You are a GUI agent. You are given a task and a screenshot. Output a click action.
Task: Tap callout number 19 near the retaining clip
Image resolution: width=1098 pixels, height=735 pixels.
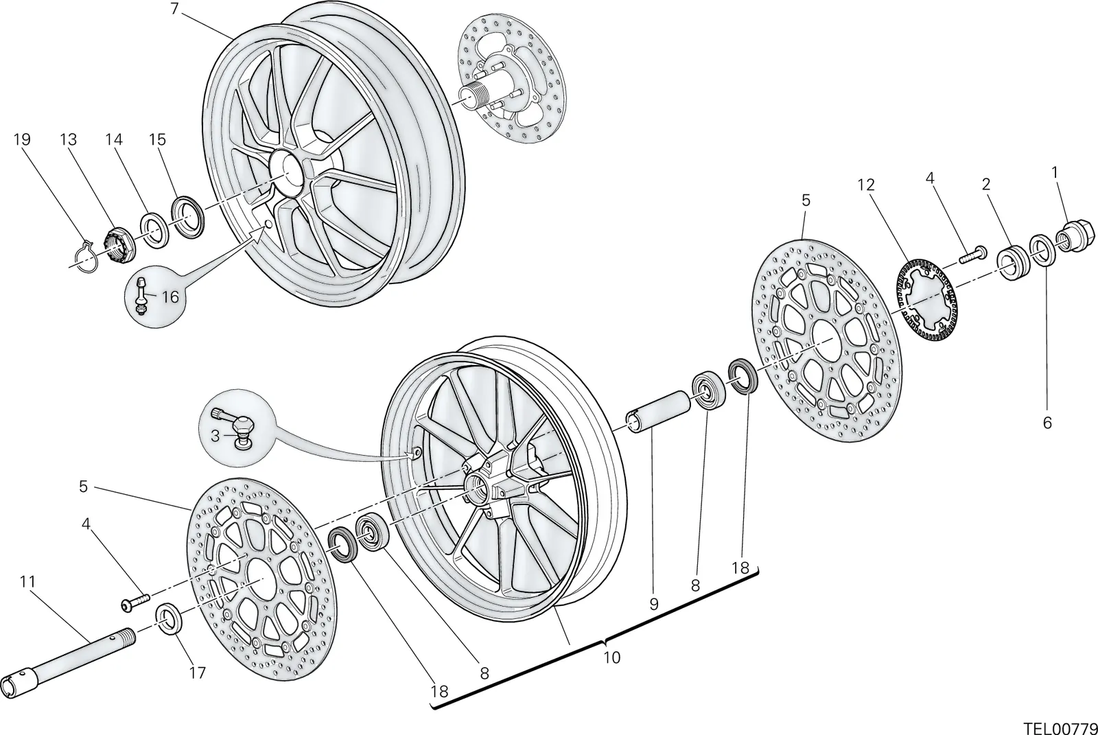click(21, 140)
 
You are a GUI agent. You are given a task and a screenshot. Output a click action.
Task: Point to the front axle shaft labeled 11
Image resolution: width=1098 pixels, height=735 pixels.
click(68, 662)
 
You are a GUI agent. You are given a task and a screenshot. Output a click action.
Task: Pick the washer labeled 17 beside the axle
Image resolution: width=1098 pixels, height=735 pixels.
click(169, 618)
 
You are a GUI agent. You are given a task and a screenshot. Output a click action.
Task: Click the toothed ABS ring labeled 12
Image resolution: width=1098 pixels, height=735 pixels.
click(926, 303)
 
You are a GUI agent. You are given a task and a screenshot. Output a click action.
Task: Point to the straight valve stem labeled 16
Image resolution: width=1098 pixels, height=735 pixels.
click(141, 296)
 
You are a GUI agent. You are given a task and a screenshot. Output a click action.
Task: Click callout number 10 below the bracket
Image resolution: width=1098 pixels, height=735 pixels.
click(611, 657)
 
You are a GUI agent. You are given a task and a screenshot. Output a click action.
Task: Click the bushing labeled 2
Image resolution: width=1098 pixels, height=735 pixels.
click(1012, 264)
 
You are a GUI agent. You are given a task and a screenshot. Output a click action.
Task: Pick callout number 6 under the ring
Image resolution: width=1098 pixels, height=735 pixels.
click(1047, 423)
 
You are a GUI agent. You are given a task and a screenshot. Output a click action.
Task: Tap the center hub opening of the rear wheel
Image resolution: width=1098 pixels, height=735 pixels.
click(286, 173)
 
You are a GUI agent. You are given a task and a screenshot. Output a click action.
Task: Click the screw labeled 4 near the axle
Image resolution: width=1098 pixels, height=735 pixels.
click(135, 603)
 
